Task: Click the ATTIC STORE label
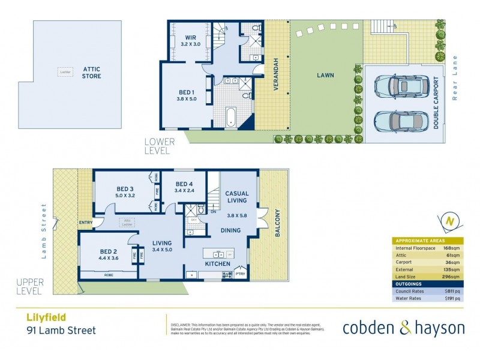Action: point(92,73)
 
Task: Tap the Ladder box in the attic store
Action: point(64,72)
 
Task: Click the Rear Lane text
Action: point(455,79)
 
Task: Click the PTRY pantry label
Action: point(241,274)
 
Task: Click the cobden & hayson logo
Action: point(403,328)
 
